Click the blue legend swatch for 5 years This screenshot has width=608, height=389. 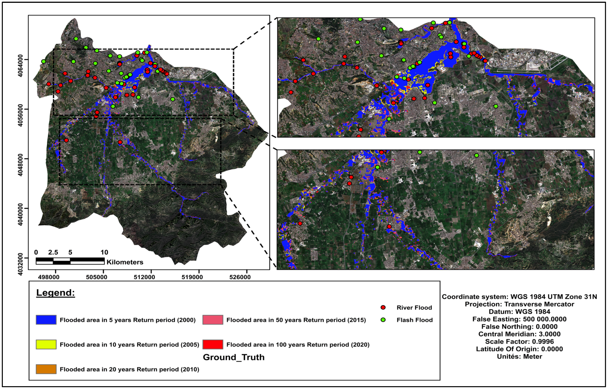(46, 320)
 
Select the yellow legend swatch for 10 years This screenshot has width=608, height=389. (46, 345)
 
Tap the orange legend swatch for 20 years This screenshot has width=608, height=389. (46, 369)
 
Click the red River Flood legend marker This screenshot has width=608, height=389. (383, 307)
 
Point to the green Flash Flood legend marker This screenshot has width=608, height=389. (383, 320)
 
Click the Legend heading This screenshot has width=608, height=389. (56, 293)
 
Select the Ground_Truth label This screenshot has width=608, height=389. (234, 357)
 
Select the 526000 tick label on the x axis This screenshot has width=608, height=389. (240, 277)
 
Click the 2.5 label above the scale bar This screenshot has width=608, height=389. (53, 252)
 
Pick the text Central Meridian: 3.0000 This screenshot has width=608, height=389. (519, 334)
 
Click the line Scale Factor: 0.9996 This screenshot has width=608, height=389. (519, 342)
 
